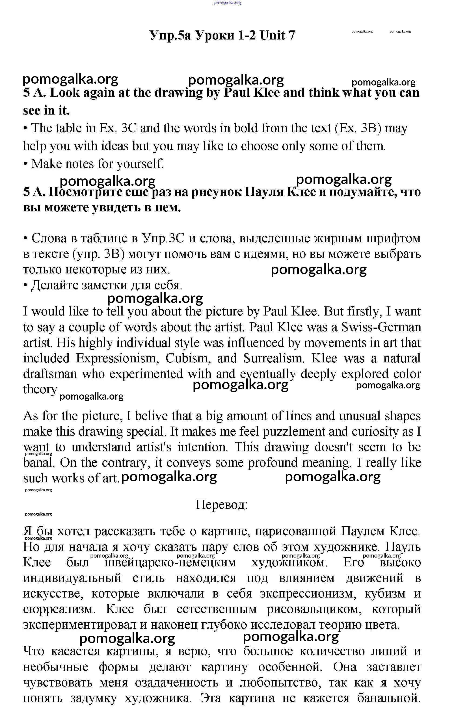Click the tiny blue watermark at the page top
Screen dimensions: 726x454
227,3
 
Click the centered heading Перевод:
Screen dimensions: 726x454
222,504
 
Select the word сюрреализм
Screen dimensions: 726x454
59,609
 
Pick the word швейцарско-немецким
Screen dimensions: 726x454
170,562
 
